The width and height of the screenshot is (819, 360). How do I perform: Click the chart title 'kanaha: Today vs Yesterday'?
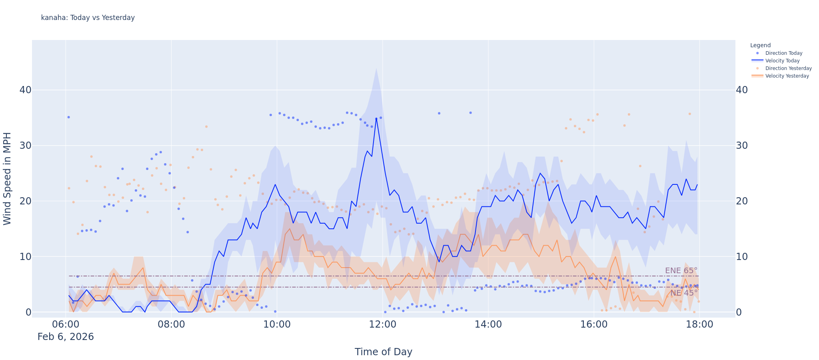click(x=88, y=18)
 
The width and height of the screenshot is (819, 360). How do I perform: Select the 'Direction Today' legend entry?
click(x=783, y=53)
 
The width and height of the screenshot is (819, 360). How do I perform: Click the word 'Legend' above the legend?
click(x=760, y=46)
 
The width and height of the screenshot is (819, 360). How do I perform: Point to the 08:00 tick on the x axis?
click(x=171, y=324)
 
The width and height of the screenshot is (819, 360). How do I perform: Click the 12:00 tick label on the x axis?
click(x=383, y=324)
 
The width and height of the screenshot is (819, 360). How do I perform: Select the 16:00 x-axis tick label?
click(x=594, y=324)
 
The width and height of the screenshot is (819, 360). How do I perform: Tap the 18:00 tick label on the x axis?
click(x=699, y=324)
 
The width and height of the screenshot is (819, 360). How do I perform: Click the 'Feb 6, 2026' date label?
click(x=66, y=337)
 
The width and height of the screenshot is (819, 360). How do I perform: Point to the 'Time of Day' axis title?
click(x=383, y=352)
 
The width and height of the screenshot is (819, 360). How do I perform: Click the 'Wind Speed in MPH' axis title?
click(x=7, y=178)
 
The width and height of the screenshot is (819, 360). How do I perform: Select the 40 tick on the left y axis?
click(x=25, y=90)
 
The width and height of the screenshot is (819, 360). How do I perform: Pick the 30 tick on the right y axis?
click(x=742, y=146)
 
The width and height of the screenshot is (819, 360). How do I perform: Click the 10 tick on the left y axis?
click(x=25, y=256)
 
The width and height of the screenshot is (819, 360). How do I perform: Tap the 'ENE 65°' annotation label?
click(x=681, y=271)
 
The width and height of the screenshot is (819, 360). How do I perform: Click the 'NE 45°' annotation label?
click(x=684, y=293)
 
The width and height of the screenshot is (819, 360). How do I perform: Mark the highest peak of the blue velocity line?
click(x=376, y=118)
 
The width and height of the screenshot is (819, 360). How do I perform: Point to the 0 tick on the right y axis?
click(x=739, y=312)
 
